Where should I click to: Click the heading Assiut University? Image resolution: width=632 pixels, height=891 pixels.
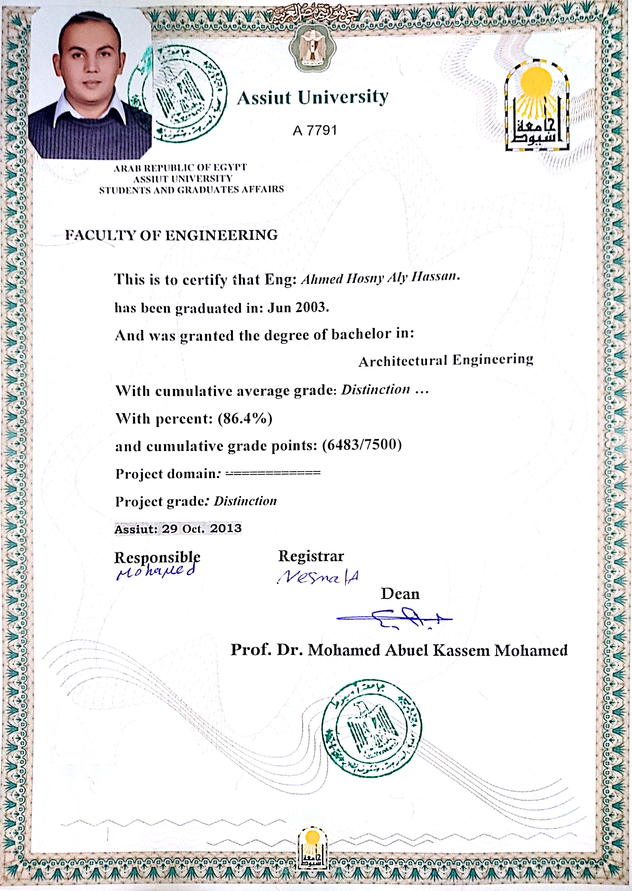(x=312, y=97)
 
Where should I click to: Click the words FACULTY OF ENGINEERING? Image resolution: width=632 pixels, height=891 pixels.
(x=171, y=235)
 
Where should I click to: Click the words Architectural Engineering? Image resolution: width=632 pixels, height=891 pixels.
(x=445, y=361)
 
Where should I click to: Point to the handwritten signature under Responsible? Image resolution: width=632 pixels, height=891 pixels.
(x=156, y=572)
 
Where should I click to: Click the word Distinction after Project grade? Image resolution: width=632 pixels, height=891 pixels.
(x=245, y=501)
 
